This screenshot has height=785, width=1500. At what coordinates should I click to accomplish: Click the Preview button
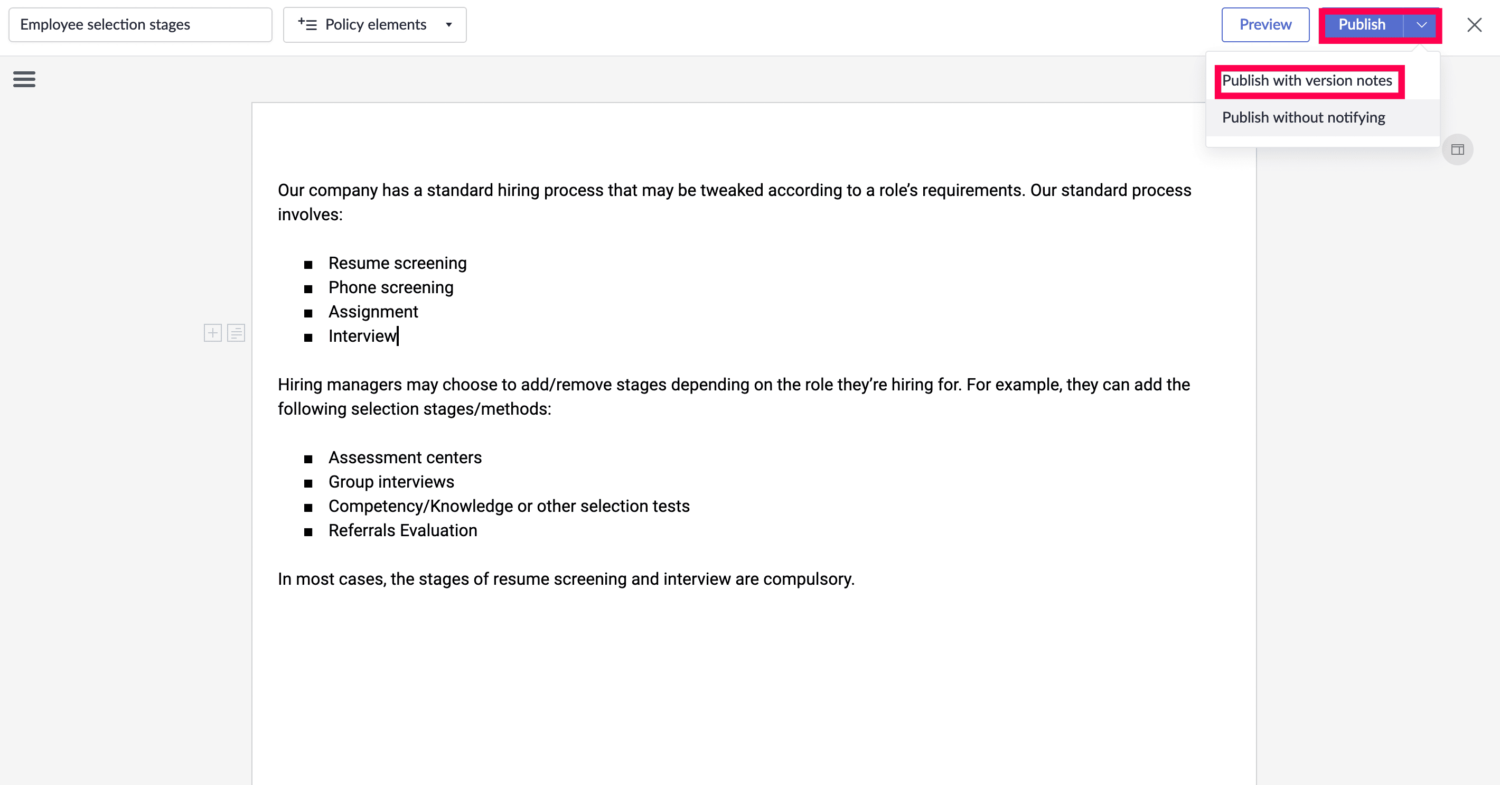click(x=1265, y=24)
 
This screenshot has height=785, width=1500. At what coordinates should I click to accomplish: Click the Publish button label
click(x=1362, y=24)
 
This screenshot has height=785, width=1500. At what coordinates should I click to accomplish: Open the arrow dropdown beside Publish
click(x=1421, y=25)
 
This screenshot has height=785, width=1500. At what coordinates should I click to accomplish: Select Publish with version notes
click(x=1307, y=80)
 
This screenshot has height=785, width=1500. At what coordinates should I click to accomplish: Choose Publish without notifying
click(x=1303, y=118)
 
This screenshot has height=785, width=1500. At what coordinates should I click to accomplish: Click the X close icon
click(x=1474, y=25)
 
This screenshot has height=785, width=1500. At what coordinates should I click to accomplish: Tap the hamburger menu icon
click(x=24, y=79)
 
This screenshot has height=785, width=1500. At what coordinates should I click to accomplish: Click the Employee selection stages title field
click(x=140, y=24)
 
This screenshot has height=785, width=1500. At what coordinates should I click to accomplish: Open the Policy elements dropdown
click(x=374, y=24)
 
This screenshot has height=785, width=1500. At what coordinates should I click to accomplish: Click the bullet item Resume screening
click(x=397, y=263)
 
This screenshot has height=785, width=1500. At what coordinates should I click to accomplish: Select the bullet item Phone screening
click(x=391, y=288)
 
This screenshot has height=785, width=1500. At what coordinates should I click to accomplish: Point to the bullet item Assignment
click(x=373, y=312)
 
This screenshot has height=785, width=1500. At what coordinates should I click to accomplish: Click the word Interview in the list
click(x=362, y=336)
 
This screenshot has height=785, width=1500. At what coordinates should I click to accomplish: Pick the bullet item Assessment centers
click(x=405, y=457)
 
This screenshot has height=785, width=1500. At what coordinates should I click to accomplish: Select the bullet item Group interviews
click(x=391, y=482)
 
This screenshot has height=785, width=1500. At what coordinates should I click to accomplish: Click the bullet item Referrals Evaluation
click(x=402, y=530)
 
